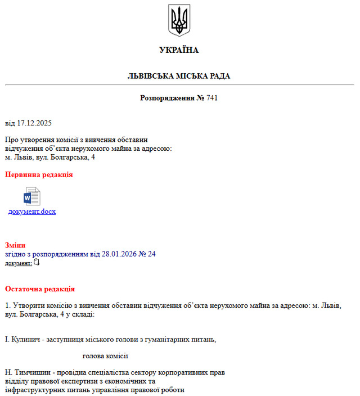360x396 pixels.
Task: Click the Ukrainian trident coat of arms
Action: click(x=179, y=21)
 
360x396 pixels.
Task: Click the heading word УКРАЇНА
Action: click(x=179, y=50)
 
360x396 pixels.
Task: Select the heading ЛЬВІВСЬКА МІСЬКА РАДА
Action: click(x=179, y=76)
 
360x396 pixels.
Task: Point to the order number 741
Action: click(x=212, y=98)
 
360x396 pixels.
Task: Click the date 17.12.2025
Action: click(x=34, y=123)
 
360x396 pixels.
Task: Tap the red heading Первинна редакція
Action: click(x=39, y=175)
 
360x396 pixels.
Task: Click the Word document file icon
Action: click(x=31, y=196)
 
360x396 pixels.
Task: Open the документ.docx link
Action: click(x=31, y=211)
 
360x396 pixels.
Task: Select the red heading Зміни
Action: click(x=15, y=245)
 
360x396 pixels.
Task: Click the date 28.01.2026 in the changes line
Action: click(x=119, y=254)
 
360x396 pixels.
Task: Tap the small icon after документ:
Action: click(x=37, y=262)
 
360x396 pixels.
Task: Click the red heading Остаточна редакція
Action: click(x=40, y=289)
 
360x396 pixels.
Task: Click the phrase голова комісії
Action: click(x=105, y=355)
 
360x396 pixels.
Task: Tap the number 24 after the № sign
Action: click(x=151, y=254)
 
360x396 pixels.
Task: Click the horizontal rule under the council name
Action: click(x=179, y=85)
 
